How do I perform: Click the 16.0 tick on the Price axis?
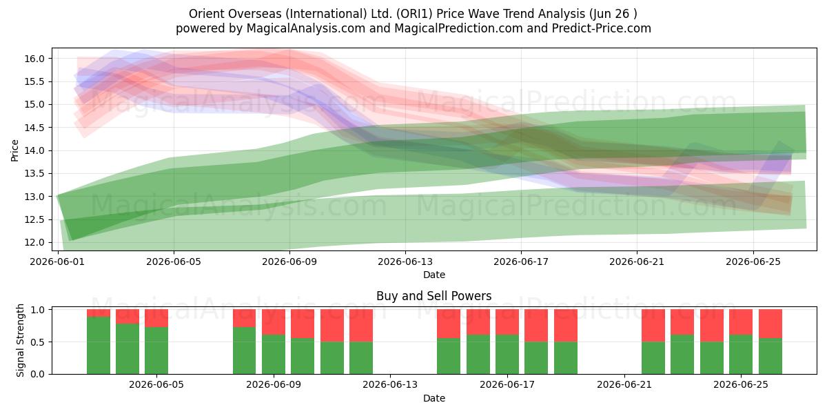point(34,59)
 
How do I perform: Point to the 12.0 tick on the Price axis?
point(34,242)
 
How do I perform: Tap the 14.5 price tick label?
point(34,128)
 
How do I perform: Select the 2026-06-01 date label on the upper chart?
point(57,262)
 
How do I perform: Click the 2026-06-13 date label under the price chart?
point(405,262)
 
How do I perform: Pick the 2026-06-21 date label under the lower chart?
point(624,385)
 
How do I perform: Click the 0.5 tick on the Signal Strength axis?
point(38,342)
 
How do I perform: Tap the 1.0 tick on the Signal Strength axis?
point(38,310)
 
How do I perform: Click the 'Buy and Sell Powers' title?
point(434,296)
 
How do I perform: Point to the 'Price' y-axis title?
point(14,151)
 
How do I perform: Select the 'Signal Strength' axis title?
point(20,340)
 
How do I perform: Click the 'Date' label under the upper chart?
point(434,275)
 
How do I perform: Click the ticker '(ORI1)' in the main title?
point(415,14)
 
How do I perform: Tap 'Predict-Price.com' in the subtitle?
point(602,28)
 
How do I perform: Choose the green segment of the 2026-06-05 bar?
point(156,351)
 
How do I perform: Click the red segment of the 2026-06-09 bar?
point(274,322)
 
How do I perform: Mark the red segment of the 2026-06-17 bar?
point(507,322)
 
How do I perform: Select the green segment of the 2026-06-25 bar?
point(741,355)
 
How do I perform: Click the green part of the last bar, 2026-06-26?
point(770,356)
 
